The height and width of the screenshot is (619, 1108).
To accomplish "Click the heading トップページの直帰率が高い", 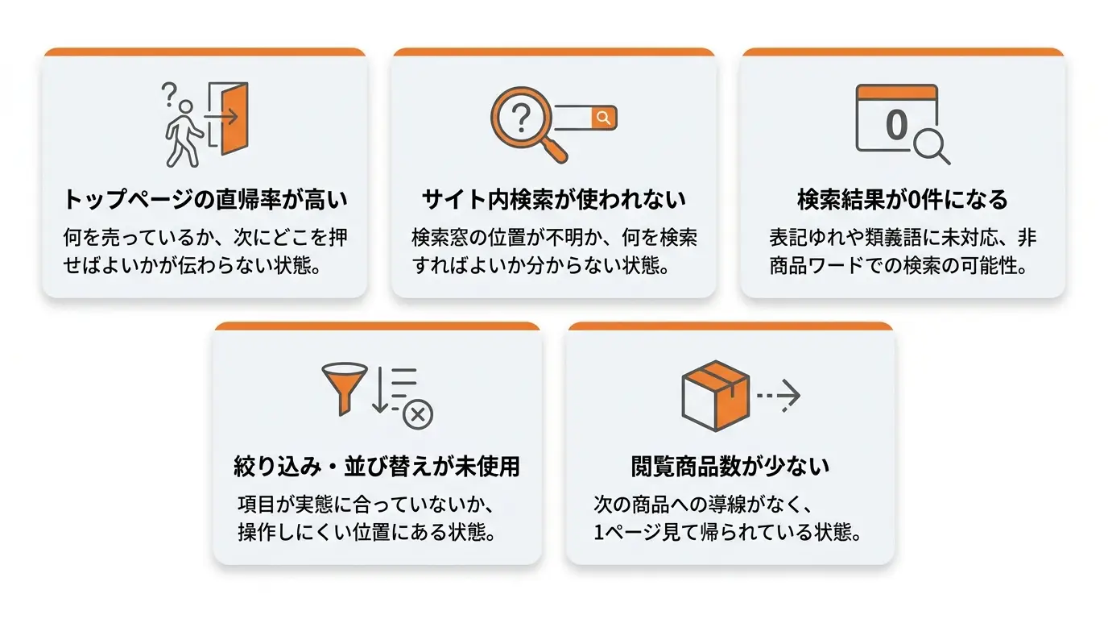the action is pos(205,200).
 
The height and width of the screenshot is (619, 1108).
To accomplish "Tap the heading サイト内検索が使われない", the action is pos(553,200).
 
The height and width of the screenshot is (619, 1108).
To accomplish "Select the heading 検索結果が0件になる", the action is pos(903,200).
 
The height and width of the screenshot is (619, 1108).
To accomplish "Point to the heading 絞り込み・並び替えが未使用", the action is pos(377,466).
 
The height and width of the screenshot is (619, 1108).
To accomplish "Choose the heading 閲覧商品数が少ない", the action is pos(730,466).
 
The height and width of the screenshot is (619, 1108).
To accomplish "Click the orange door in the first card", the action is pos(234,118).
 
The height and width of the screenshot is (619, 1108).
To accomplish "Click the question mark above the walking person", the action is pos(169,94).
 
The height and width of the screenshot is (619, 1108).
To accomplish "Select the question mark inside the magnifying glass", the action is pos(521,118).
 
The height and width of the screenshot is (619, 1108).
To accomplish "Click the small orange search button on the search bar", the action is pos(603,118).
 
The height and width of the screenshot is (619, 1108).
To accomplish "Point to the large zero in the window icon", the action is pos(896,125).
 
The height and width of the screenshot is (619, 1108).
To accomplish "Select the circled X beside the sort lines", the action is pos(418,414).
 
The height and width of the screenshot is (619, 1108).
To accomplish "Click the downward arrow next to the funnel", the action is pos(380,390).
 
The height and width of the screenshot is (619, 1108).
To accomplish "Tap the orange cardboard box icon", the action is pos(715,396).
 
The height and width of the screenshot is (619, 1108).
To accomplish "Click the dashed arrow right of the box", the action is pos(779,396).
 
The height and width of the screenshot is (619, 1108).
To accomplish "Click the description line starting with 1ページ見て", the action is pos(728,532).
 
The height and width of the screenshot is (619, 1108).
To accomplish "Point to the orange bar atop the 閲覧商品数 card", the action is pos(730,326).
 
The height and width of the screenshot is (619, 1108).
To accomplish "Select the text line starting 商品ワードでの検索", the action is pos(899,266).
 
